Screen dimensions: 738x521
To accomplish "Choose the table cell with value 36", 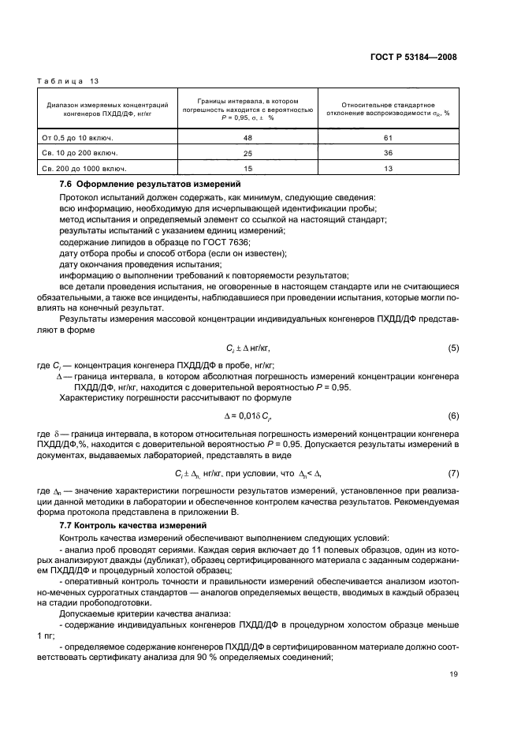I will (x=387, y=152).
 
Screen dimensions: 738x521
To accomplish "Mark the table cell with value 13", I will (x=387, y=168).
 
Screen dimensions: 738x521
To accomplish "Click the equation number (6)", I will (x=452, y=415).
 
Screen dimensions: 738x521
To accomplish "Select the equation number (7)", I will (x=452, y=472).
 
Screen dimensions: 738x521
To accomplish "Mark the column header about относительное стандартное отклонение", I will (x=387, y=108).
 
